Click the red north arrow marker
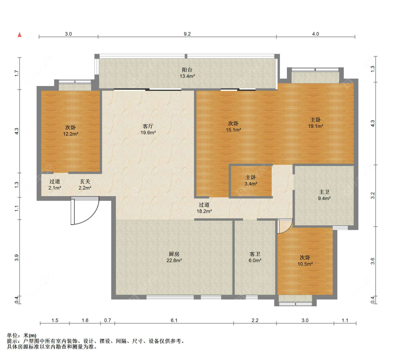pos(19,35)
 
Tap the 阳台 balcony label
pos(187,70)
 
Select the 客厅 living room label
pos(148,126)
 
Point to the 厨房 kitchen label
pos(174,254)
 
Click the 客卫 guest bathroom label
pos(255,254)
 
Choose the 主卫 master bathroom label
pos(324,192)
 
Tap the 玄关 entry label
pos(85,181)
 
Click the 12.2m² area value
pos(71,134)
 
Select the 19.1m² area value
pos(316,126)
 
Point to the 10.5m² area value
pos(305,264)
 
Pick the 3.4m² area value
pos(251,184)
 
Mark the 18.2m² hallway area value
pos(204,211)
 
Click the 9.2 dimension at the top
pos(187,34)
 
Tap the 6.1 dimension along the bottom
pos(174,320)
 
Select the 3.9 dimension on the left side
pos(17,258)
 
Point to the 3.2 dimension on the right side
pos(373,195)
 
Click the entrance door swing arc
pos(91,216)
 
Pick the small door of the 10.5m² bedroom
pos(285,226)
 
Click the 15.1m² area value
pos(233,130)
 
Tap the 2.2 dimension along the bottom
pos(255,320)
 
